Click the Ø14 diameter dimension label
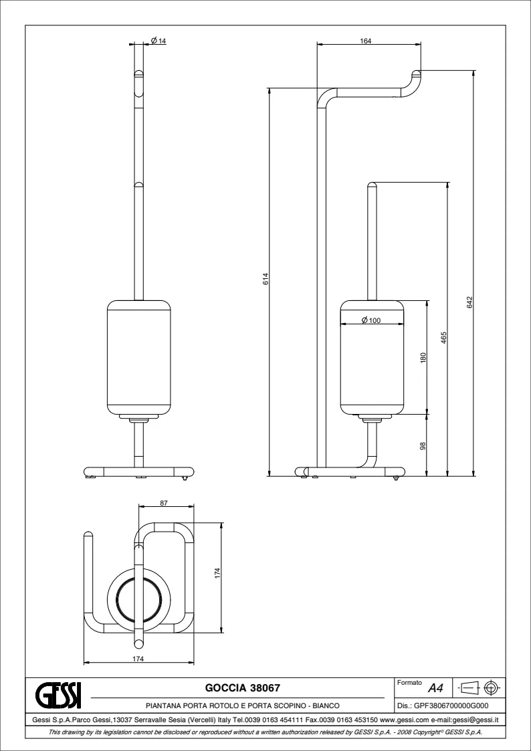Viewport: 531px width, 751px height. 158,41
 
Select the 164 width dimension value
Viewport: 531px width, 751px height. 366,41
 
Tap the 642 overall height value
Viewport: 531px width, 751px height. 469,302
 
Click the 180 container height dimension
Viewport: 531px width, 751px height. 423,358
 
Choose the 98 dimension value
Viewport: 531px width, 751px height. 423,446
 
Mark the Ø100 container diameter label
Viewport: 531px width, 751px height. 371,320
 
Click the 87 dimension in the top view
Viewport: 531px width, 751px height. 164,503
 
